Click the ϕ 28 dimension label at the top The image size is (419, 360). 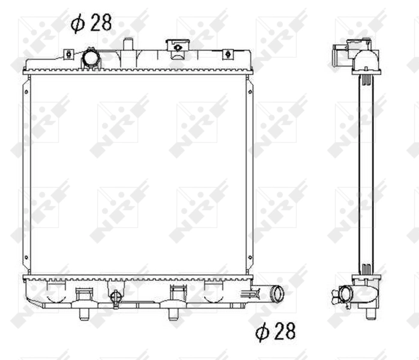90,24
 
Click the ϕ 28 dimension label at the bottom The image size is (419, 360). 276,331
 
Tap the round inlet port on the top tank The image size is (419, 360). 91,58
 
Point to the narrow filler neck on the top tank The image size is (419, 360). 127,45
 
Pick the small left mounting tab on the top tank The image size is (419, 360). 69,55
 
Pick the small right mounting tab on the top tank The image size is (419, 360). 228,55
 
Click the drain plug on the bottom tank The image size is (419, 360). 115,296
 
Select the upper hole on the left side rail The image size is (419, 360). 26,91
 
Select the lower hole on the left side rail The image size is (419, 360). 26,259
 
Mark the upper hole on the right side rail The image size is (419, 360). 249,91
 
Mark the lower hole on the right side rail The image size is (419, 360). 249,259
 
